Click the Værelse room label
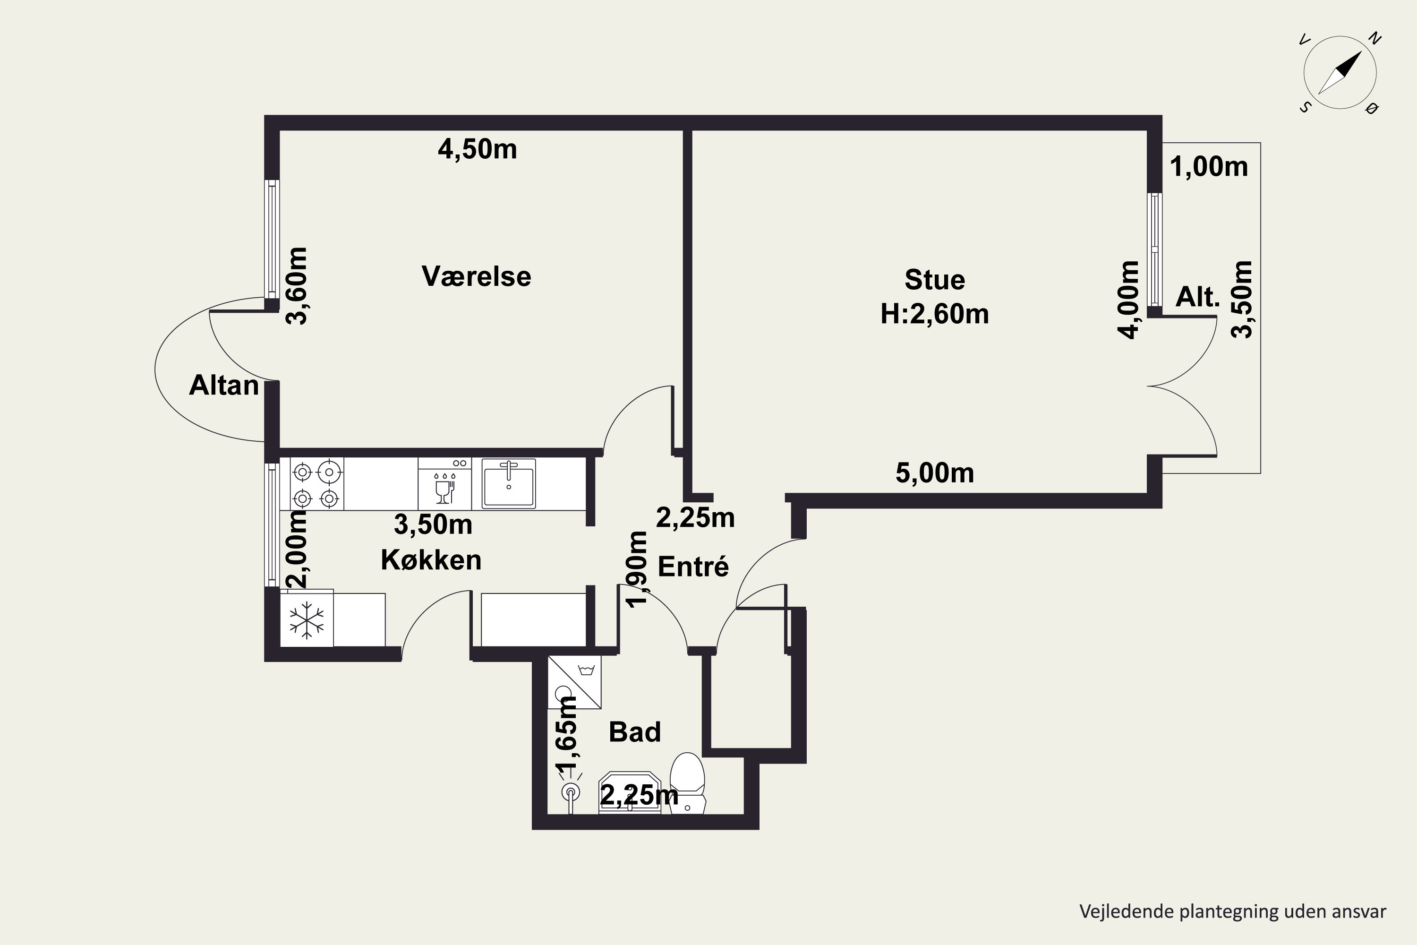click(476, 276)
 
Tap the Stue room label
click(934, 280)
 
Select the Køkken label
click(431, 560)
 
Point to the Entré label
click(693, 567)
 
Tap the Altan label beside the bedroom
click(223, 385)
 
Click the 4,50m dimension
click(477, 149)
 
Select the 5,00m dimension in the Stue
click(934, 473)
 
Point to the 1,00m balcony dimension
click(1209, 166)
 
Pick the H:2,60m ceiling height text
click(934, 315)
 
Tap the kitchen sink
click(509, 483)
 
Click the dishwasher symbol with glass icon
click(444, 483)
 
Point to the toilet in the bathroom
click(687, 783)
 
